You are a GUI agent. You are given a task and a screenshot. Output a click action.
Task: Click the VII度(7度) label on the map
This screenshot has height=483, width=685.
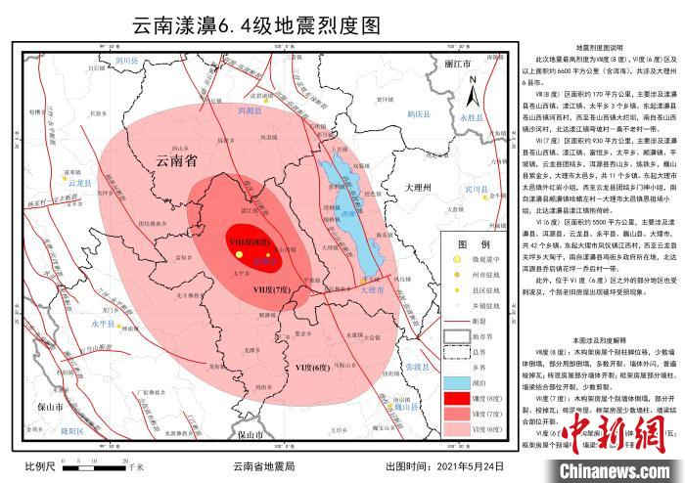point(273,290)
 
